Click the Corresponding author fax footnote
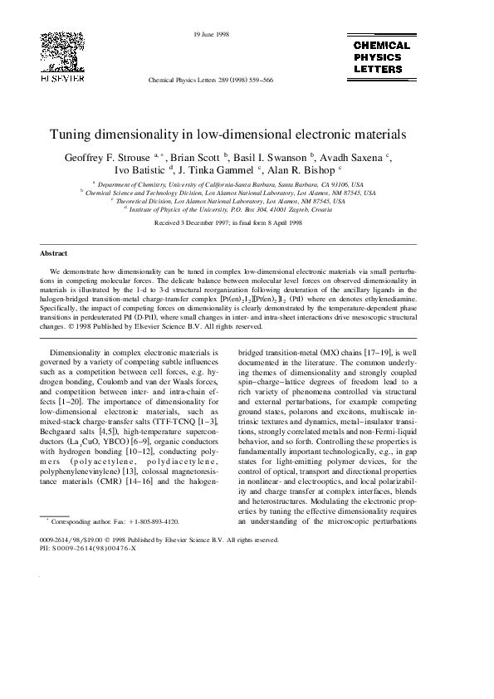[x=115, y=521]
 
